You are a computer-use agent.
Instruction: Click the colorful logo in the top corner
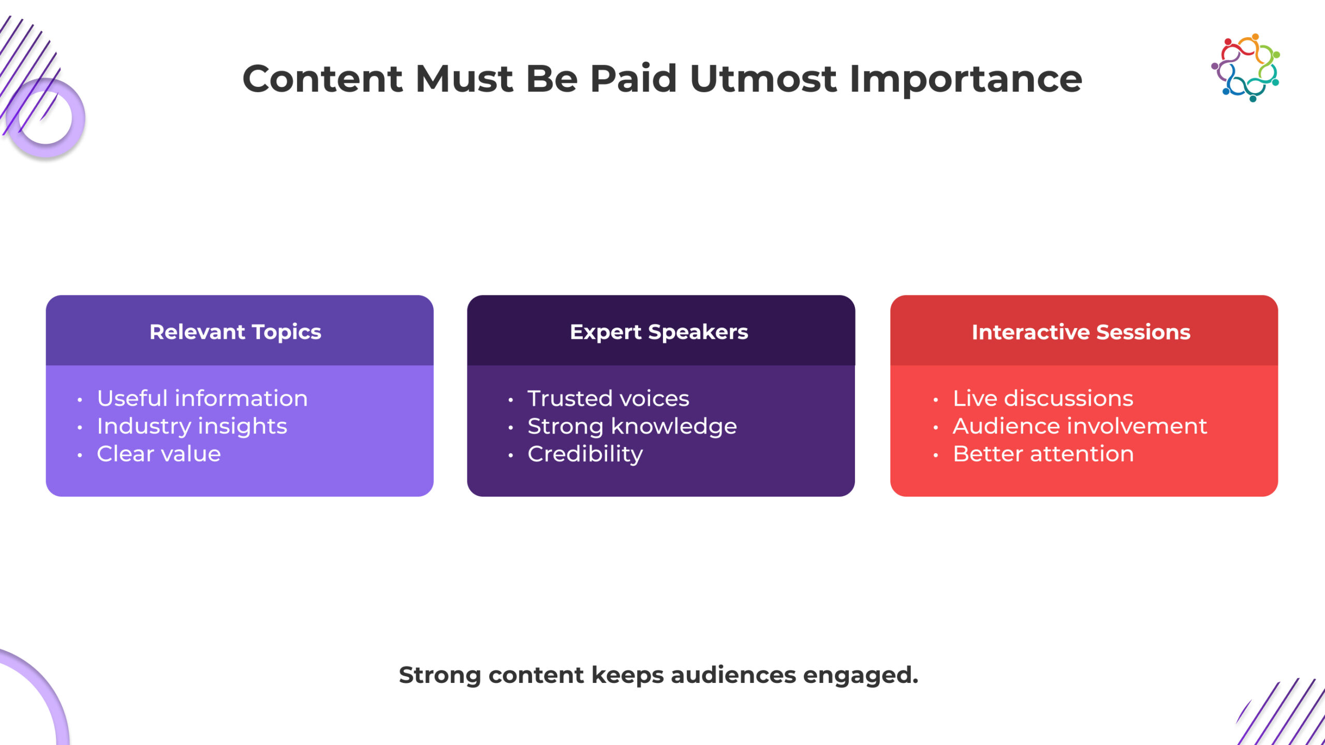tap(1245, 68)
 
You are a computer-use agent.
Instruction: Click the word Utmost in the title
tap(763, 79)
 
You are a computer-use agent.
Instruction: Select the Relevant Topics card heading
tap(235, 332)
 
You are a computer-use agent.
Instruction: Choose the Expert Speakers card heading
tap(659, 332)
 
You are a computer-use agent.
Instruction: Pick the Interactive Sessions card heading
tap(1081, 332)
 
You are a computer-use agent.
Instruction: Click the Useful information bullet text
tap(202, 398)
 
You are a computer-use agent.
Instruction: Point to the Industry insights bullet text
tap(192, 427)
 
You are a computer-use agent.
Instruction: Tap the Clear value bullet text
tap(159, 454)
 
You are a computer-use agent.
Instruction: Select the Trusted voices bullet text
tap(608, 398)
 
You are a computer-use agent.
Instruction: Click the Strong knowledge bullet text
tap(632, 427)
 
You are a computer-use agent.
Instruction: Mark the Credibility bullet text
tap(585, 454)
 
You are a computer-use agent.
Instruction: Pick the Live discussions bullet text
tap(1043, 398)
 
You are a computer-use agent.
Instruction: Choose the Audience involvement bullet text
tap(1080, 426)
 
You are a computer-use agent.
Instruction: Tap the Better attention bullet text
tap(1043, 454)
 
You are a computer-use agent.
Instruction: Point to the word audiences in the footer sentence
tap(733, 675)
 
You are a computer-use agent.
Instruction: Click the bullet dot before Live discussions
tap(936, 400)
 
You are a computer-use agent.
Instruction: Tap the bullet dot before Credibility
tap(511, 455)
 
